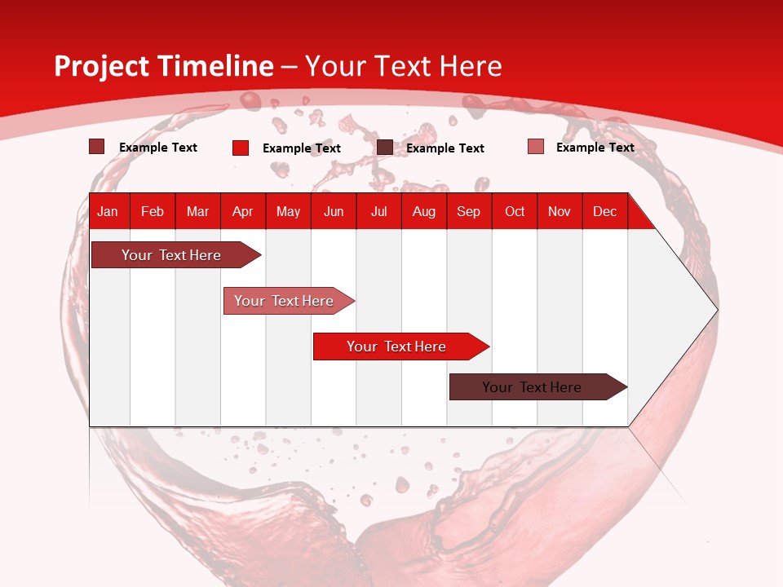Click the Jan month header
click(108, 211)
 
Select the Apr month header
click(242, 211)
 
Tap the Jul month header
click(378, 211)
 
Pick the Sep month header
click(468, 211)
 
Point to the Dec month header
click(604, 211)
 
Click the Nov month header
click(559, 211)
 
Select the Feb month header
click(153, 211)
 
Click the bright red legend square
click(241, 148)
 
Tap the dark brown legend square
click(385, 148)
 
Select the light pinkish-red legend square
click(536, 147)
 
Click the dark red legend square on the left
click(97, 147)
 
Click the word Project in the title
click(102, 67)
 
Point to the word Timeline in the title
click(215, 67)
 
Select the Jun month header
click(333, 211)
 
